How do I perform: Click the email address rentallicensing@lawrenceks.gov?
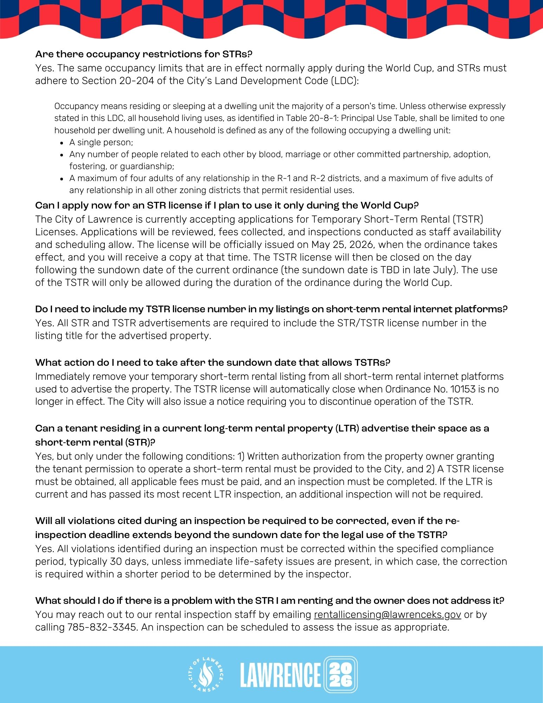(387, 614)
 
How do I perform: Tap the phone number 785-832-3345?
(102, 627)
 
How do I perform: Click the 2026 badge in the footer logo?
(340, 675)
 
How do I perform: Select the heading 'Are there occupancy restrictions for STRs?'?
(144, 54)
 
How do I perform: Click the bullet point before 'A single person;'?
(62, 143)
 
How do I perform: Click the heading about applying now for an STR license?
(227, 205)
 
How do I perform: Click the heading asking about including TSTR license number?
(271, 309)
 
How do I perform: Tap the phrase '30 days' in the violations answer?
(129, 561)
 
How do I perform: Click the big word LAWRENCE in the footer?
(280, 675)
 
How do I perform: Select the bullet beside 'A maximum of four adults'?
(62, 179)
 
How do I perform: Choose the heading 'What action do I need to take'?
(213, 363)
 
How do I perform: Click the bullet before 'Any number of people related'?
(62, 155)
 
